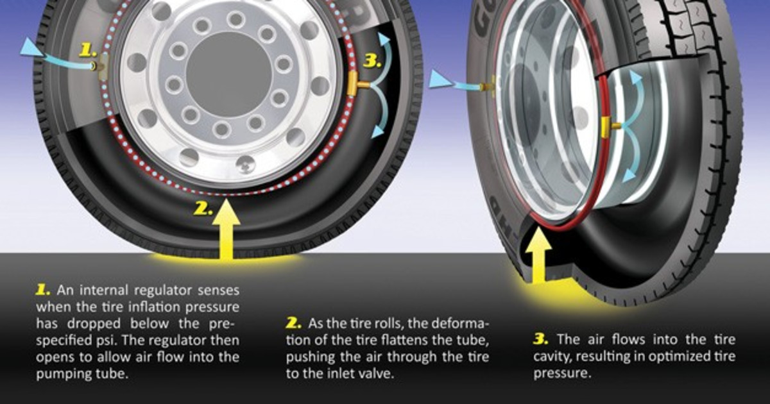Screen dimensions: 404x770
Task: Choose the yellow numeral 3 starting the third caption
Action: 540,339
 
